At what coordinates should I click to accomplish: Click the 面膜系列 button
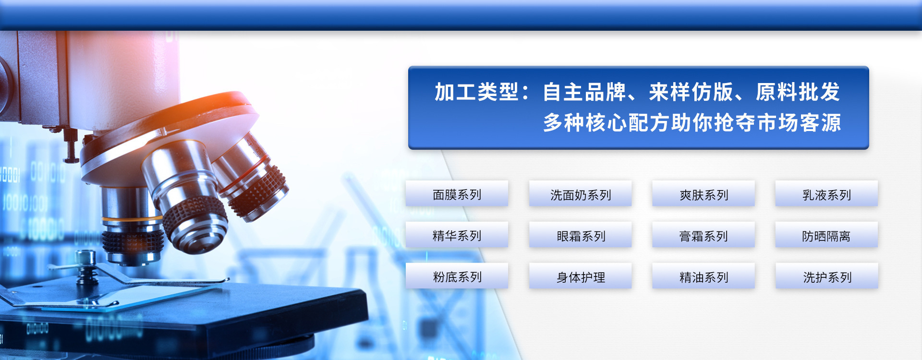pos(457,194)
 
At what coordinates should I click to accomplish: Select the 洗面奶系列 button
pos(580,194)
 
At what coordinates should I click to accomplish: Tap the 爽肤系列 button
pos(704,194)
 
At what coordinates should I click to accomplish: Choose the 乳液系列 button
pos(826,194)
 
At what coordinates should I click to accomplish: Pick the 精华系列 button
pos(457,235)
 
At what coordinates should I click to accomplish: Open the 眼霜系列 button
pos(580,235)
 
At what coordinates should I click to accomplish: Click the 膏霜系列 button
pos(704,235)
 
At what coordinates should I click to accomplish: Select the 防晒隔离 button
pos(826,235)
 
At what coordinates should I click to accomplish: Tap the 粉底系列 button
pos(457,276)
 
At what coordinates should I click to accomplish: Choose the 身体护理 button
pos(580,276)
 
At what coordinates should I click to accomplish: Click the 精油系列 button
pos(704,276)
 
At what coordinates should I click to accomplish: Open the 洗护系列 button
pos(826,276)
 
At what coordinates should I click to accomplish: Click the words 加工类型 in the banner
pos(476,92)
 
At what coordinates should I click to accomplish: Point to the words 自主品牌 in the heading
pos(584,92)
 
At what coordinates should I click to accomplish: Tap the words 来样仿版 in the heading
pos(691,92)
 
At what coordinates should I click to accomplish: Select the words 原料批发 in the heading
pos(798,92)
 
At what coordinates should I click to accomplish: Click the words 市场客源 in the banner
pos(799,122)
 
